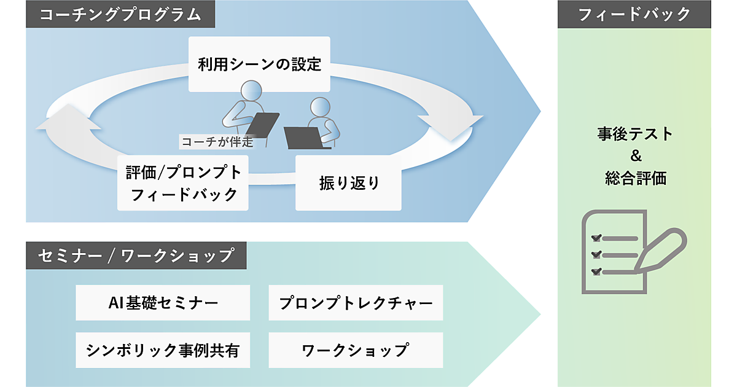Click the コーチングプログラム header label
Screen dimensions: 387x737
120,15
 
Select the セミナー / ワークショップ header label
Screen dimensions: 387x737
136,255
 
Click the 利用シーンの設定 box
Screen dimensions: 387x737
259,64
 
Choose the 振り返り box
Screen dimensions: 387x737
349,182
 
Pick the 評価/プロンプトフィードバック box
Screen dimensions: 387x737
184,183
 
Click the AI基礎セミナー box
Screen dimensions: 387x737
163,302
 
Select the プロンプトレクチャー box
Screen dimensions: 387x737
356,302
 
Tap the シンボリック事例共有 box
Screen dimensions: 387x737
163,350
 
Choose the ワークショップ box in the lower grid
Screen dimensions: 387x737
356,350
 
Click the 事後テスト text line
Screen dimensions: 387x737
634,133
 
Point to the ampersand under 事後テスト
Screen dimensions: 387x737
635,156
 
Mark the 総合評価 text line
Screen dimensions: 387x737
634,179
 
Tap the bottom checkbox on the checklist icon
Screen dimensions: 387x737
595,271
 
